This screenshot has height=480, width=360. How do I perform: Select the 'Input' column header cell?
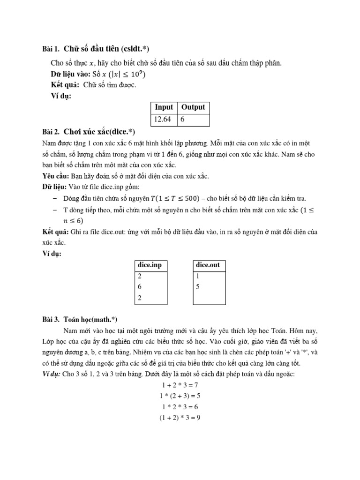[x=164, y=107]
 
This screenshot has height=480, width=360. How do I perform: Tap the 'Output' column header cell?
[x=193, y=107]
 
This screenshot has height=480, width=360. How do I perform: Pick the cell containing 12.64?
[x=163, y=120]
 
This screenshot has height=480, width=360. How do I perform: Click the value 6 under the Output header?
[x=182, y=120]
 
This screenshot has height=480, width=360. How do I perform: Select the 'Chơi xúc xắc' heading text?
[x=90, y=132]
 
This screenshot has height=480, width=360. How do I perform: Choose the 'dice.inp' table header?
[x=150, y=265]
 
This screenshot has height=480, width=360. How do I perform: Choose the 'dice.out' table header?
[x=208, y=265]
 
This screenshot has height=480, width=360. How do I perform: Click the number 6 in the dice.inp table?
[x=140, y=287]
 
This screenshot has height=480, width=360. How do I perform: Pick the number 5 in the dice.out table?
[x=198, y=287]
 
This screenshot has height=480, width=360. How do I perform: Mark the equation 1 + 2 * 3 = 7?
[x=180, y=385]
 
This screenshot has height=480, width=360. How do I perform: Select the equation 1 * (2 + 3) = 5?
[x=180, y=396]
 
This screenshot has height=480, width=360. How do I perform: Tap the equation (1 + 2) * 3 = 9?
[x=180, y=417]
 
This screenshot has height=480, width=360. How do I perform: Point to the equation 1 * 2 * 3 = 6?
[x=180, y=406]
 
